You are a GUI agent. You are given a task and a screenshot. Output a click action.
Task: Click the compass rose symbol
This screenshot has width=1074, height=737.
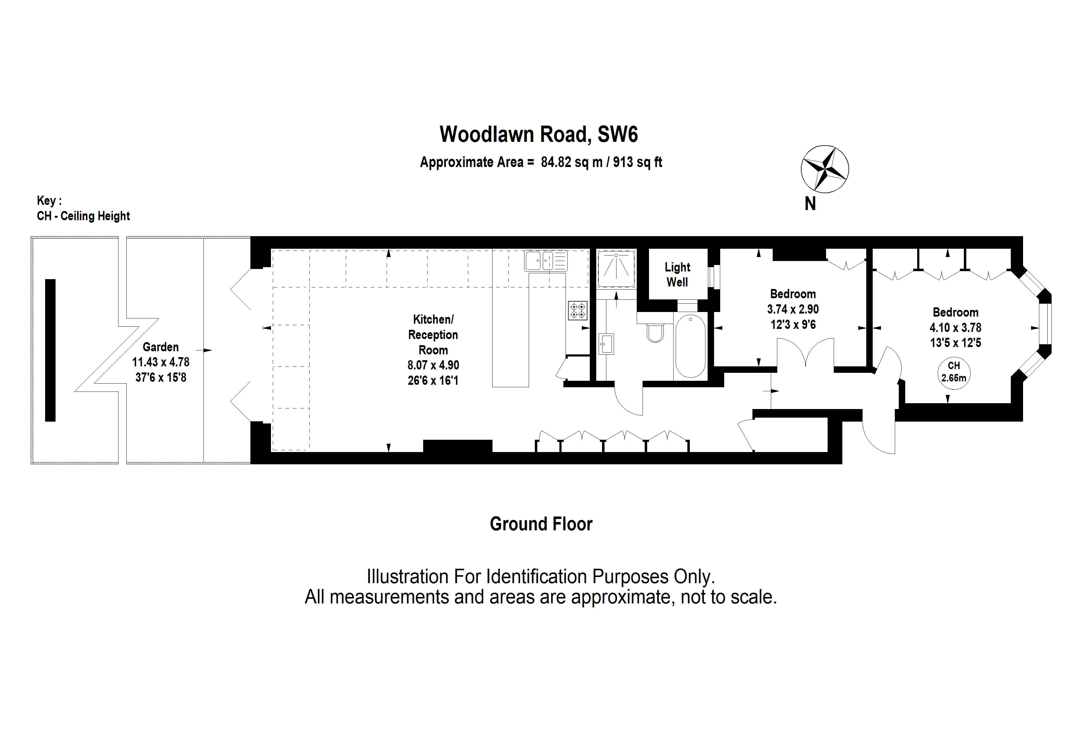click(825, 169)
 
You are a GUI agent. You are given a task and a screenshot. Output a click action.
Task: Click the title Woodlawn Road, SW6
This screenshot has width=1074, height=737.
click(539, 135)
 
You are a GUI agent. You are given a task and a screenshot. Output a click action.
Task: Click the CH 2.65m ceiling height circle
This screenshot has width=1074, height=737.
click(953, 372)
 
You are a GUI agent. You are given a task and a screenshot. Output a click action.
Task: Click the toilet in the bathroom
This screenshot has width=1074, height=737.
click(655, 332)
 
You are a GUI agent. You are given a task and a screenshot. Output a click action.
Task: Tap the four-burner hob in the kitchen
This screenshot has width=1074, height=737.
click(578, 310)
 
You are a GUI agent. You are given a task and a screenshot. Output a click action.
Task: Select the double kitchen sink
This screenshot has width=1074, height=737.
click(545, 260)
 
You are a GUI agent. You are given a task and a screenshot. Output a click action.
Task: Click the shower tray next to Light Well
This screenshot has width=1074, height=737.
click(616, 269)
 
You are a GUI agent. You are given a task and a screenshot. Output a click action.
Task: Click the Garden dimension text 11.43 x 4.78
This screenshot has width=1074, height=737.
click(160, 362)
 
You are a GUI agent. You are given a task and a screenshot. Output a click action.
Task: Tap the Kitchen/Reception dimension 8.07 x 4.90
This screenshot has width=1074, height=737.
click(433, 365)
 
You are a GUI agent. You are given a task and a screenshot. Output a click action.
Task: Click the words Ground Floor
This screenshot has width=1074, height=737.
click(541, 524)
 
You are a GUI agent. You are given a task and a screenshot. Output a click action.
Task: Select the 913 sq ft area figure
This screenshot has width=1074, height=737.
click(637, 162)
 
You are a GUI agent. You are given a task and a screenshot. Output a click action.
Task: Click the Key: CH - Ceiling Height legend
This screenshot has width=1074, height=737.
click(83, 209)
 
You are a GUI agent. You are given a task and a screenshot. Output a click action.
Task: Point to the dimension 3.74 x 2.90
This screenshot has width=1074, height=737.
click(793, 309)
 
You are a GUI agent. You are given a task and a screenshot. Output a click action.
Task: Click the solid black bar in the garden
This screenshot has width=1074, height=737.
click(50, 350)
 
